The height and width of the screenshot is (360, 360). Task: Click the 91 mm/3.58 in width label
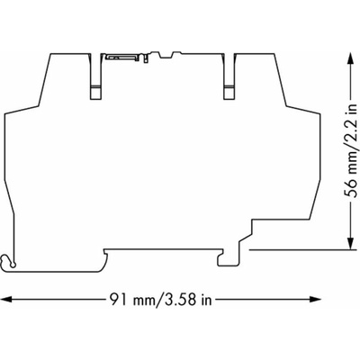click(160, 299)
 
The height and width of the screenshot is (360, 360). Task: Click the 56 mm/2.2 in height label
click(350, 150)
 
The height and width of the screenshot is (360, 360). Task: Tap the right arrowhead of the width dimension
click(315, 299)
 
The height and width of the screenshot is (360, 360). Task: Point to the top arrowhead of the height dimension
click(350, 58)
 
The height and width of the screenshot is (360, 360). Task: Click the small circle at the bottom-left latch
click(13, 265)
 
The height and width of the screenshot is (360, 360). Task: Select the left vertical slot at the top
click(96, 76)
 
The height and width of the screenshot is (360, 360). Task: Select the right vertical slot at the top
click(229, 76)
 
